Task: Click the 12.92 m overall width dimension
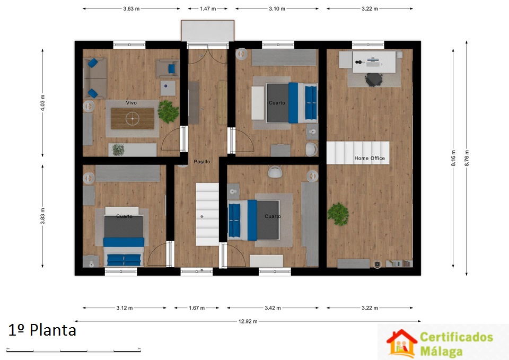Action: click(248, 321)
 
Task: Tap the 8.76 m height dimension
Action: click(467, 159)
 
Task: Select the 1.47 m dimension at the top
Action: click(208, 9)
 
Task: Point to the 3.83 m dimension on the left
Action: click(42, 216)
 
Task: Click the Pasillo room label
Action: click(202, 161)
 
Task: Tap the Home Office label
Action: click(370, 158)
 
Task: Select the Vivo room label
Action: click(131, 102)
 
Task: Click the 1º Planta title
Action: click(42, 330)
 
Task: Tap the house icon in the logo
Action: click(401, 343)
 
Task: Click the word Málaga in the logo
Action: click(442, 351)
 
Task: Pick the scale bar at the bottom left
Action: click(73, 350)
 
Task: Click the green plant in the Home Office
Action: click(338, 214)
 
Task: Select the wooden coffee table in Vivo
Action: click(133, 118)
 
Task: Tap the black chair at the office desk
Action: click(374, 80)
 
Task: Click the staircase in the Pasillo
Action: click(207, 214)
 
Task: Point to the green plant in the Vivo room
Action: click(168, 112)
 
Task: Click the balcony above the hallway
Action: click(207, 31)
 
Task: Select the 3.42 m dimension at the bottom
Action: click(273, 308)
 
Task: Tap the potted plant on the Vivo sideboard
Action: click(118, 150)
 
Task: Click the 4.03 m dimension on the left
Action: click(42, 102)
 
